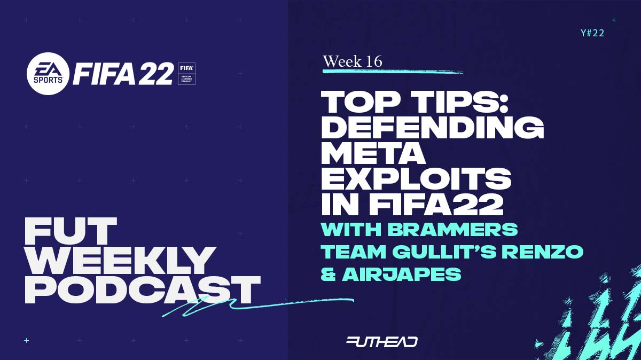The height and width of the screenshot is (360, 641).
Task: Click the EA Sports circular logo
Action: coord(48,74)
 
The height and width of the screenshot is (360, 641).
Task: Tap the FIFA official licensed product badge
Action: coord(186,74)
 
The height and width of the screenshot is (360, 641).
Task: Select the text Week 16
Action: coord(353,61)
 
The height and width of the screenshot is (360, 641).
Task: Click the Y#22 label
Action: coord(592,33)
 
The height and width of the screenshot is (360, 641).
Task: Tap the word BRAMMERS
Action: coord(454,229)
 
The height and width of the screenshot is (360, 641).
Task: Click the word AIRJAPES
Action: coord(402,274)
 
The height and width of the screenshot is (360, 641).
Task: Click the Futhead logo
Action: coord(382,342)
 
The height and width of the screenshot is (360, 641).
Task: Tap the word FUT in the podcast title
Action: coord(71,231)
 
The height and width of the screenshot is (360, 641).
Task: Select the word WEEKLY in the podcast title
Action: coord(120,261)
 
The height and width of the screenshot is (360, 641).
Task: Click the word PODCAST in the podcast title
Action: coord(143,290)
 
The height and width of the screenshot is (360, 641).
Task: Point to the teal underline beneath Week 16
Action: coord(393,71)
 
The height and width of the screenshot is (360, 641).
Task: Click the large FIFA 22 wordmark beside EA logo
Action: coord(123,74)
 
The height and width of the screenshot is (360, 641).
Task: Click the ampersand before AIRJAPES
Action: coord(329,274)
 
